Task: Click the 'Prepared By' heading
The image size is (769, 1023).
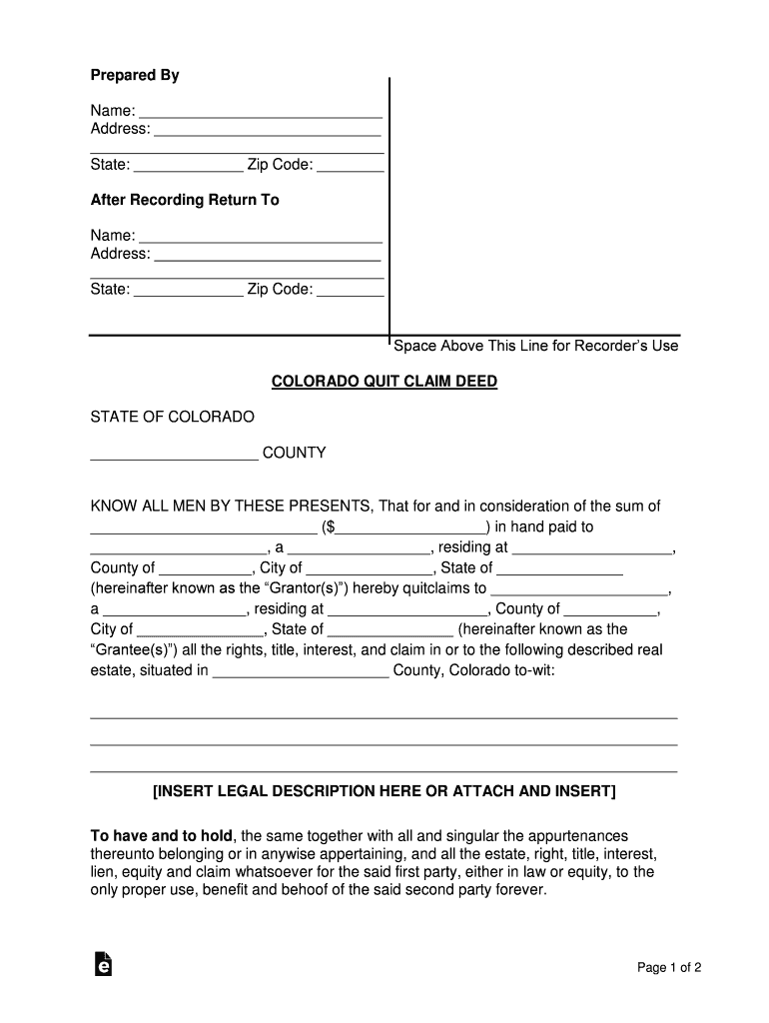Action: coord(135,76)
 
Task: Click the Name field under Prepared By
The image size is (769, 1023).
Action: coord(260,112)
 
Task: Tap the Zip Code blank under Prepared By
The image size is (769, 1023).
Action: coord(351,166)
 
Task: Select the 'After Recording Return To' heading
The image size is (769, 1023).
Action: coord(185,200)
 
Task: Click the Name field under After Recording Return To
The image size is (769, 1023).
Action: coord(260,237)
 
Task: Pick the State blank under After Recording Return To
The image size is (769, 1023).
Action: coord(188,291)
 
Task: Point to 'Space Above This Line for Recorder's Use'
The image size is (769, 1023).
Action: coord(535,346)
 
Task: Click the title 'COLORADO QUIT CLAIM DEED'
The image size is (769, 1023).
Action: coord(384,382)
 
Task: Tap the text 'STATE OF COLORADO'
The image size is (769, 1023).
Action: coord(173,417)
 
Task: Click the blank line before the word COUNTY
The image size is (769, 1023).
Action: coord(174,456)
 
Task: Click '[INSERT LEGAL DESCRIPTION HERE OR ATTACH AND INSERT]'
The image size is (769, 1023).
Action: coord(384,792)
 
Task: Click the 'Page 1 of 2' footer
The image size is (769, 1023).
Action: coord(670,967)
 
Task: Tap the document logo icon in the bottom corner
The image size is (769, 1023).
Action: coord(102,963)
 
